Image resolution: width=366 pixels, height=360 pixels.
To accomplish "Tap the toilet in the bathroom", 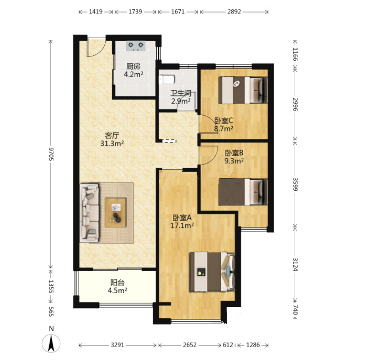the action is click(166, 79).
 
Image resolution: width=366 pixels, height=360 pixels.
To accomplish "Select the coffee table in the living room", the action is click(115, 213).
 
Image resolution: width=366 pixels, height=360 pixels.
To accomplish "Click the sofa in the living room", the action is click(89, 213).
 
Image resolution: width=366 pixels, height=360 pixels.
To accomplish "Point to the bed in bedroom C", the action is click(243, 90).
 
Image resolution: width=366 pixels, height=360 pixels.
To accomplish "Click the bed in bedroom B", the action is click(243, 192).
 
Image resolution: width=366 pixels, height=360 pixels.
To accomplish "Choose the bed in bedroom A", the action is click(212, 272).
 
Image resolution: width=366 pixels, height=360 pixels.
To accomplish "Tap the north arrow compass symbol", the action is click(51, 343).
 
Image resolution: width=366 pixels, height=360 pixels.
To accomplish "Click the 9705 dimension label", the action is click(51, 154).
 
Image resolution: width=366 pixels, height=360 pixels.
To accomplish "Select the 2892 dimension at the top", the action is click(234, 12).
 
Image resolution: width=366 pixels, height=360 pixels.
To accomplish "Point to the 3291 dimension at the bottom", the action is click(117, 345).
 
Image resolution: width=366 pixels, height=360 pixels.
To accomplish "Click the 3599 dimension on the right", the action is click(296, 184).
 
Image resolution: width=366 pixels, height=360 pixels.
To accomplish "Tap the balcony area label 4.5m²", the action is click(117, 290).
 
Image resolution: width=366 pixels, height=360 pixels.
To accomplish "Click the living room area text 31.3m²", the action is click(112, 143).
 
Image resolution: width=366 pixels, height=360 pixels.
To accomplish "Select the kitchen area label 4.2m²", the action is click(133, 74).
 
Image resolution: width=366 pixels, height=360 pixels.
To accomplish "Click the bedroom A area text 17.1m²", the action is click(182, 226).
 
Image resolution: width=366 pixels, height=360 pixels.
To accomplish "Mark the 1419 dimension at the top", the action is click(96, 12).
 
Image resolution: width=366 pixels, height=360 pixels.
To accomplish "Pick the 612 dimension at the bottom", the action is click(228, 345).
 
